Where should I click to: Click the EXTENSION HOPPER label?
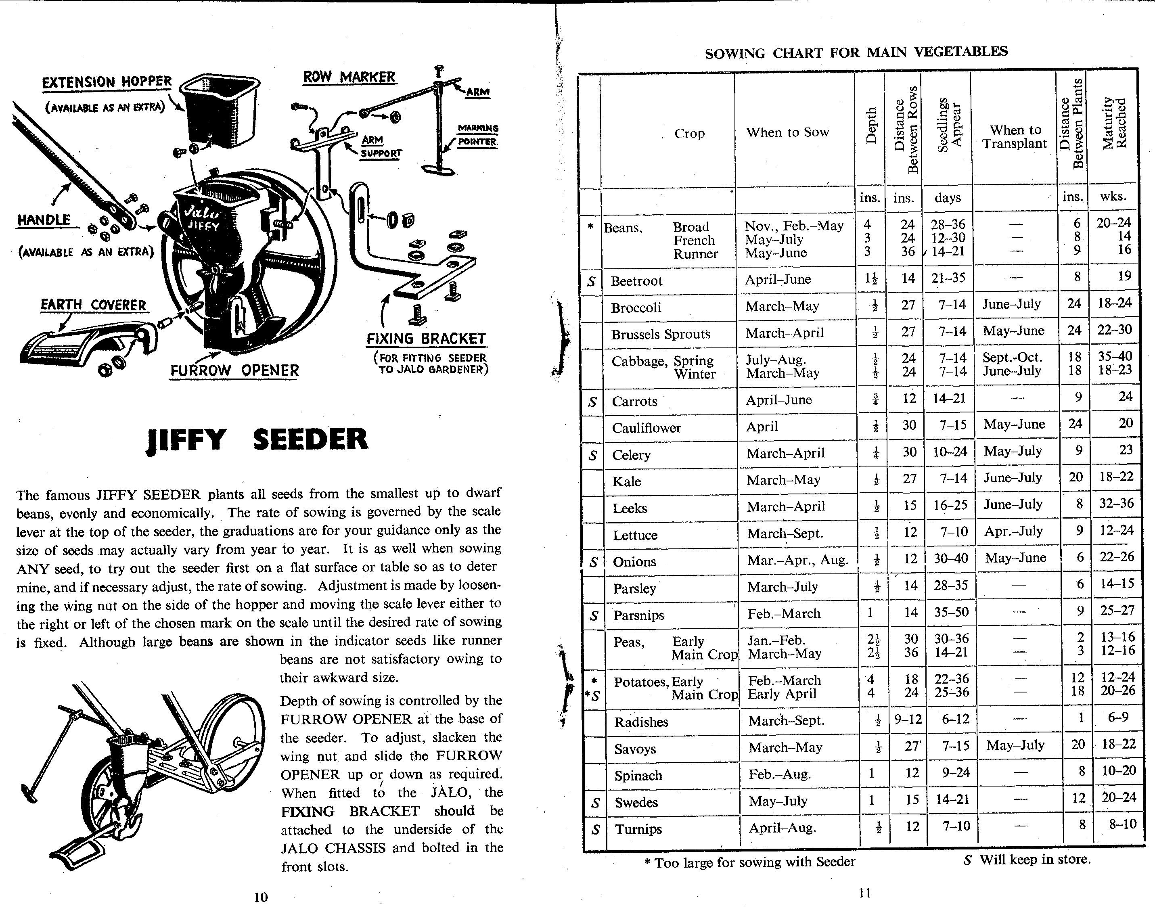(107, 82)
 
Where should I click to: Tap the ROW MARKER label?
(349, 77)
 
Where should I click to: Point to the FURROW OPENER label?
(234, 370)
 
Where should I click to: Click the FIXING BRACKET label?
(426, 339)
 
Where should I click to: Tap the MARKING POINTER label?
(477, 135)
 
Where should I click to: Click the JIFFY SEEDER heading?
(257, 440)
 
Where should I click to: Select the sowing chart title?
(856, 52)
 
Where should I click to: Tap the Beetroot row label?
(637, 281)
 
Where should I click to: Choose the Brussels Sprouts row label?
(661, 334)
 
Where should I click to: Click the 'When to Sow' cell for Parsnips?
(784, 614)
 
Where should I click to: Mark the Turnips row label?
(638, 829)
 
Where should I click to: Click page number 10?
(261, 897)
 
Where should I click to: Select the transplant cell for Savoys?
(1015, 745)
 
